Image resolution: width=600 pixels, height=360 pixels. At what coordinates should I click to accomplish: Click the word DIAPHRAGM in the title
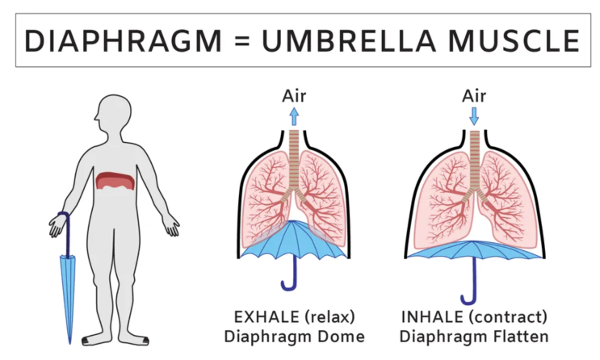pyautogui.click(x=123, y=41)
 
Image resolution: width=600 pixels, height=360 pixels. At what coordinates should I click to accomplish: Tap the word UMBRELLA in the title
pyautogui.click(x=349, y=41)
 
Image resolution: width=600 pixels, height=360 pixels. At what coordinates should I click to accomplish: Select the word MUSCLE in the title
pyautogui.click(x=514, y=41)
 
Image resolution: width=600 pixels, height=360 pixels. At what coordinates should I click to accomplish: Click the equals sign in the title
pyautogui.click(x=241, y=41)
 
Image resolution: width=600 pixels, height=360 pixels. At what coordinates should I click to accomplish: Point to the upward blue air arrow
pyautogui.click(x=294, y=116)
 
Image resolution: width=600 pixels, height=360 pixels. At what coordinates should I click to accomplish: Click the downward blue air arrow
pyautogui.click(x=474, y=116)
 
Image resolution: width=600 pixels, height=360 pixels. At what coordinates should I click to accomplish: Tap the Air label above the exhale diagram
pyautogui.click(x=294, y=95)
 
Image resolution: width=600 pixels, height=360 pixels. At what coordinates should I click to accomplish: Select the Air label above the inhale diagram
pyautogui.click(x=474, y=95)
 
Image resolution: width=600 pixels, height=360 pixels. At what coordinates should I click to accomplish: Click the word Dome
pyautogui.click(x=341, y=337)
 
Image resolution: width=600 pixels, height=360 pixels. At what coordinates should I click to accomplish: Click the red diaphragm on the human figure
pyautogui.click(x=115, y=181)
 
